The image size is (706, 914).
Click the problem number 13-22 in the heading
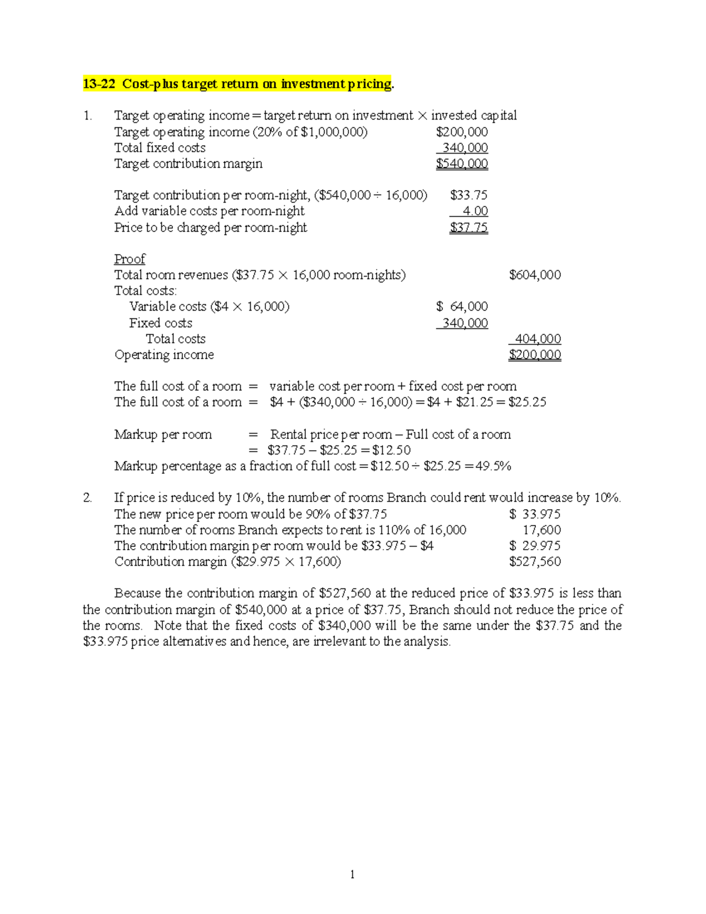99,84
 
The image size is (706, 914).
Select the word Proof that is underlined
129,259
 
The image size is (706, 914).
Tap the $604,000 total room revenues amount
535,275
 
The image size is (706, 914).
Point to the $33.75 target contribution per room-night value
468,195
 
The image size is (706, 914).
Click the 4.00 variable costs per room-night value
475,211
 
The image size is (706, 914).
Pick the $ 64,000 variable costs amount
462,307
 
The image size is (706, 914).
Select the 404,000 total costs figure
538,339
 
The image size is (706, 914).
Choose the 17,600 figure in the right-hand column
541,530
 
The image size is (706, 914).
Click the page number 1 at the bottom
352,875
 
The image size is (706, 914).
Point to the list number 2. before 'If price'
88,498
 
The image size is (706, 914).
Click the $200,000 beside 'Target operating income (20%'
462,132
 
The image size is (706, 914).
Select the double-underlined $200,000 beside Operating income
535,355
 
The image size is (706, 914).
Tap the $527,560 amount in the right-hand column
535,562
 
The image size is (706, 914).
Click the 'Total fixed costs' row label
160,148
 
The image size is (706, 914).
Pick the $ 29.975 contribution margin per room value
535,546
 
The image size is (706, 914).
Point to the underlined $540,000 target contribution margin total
462,164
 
